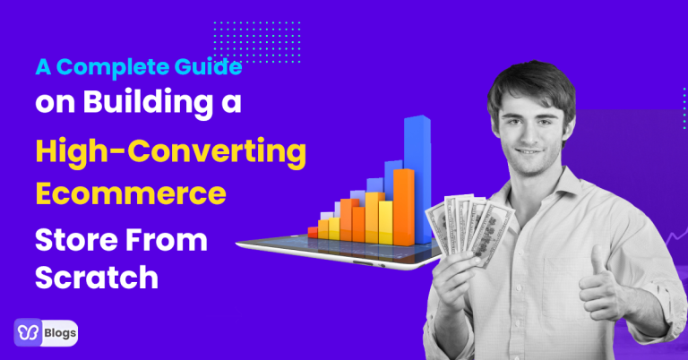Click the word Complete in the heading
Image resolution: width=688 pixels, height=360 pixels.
[x=112, y=67]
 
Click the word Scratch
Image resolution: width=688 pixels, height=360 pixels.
[x=97, y=277]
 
